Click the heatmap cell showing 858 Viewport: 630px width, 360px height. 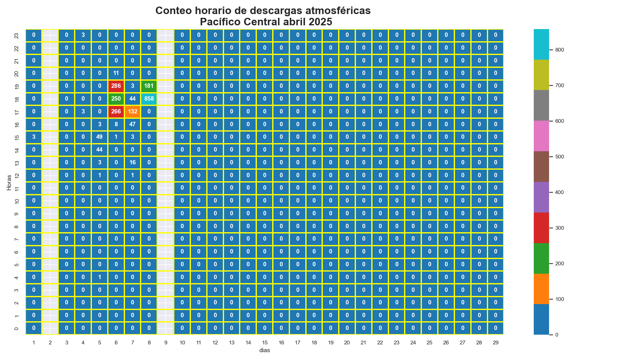[x=149, y=99]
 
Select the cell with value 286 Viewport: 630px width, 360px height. [x=116, y=86]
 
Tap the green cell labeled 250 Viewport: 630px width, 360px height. [x=116, y=99]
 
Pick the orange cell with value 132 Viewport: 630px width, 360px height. [x=132, y=112]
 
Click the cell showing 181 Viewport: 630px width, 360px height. [x=149, y=86]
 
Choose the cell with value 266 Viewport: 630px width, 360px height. [x=116, y=112]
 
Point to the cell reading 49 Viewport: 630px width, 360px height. [x=99, y=137]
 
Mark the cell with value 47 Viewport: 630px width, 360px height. [x=132, y=124]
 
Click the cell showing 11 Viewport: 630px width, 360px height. [x=116, y=73]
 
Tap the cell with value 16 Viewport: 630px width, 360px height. [x=132, y=162]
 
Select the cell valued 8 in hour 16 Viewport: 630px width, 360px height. [x=116, y=124]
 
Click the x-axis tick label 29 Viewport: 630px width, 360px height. [x=496, y=343]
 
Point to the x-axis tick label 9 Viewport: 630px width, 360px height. [x=166, y=343]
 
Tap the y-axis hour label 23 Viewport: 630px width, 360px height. [x=17, y=36]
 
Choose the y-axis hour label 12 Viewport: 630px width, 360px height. [x=17, y=175]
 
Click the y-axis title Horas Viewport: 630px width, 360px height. [x=9, y=182]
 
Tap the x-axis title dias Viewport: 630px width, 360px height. [x=264, y=351]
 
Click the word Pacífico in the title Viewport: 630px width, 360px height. [x=219, y=22]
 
